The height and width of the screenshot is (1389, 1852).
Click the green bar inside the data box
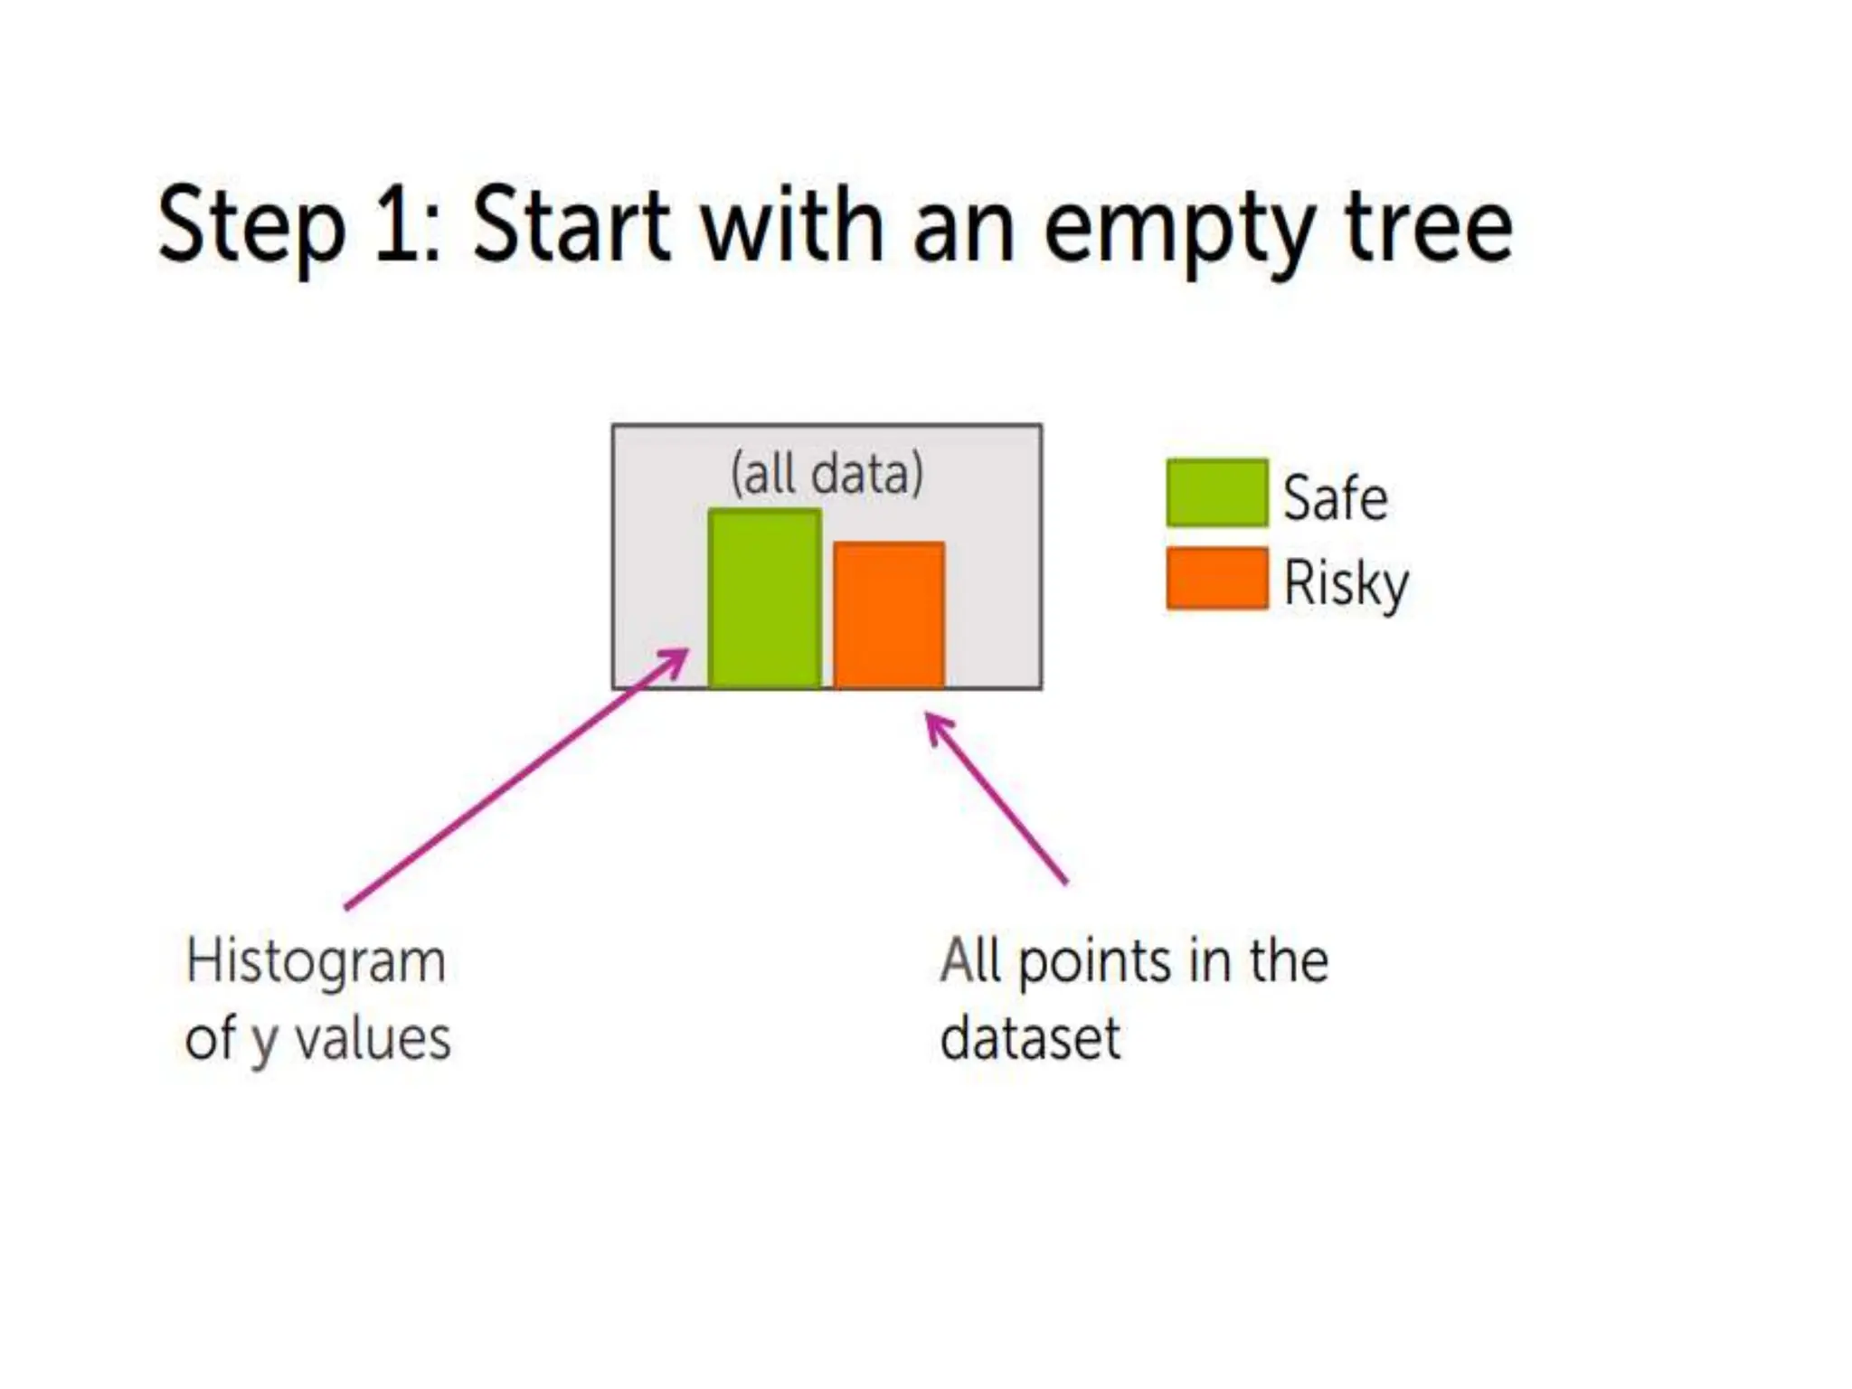(x=765, y=599)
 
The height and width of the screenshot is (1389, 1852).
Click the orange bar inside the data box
(x=889, y=615)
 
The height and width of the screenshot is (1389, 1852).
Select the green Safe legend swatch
(x=1216, y=493)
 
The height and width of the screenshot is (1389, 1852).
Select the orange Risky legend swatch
(x=1216, y=578)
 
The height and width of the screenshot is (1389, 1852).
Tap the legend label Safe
(x=1335, y=497)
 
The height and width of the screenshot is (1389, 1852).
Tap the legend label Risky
(x=1346, y=583)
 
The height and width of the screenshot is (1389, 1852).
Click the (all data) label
(x=827, y=473)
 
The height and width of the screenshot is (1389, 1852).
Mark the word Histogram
(x=316, y=962)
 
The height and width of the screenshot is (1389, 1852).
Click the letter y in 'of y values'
(x=262, y=1042)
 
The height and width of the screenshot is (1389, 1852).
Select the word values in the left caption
(x=373, y=1038)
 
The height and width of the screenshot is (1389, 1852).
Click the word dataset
(x=1030, y=1038)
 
